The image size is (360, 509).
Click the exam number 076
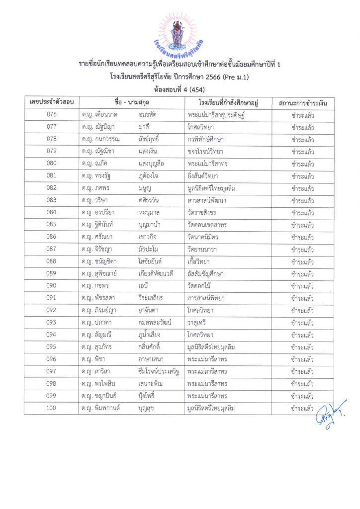coord(51,115)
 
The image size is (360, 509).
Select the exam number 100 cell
coord(51,408)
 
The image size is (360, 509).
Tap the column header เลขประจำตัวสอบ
coord(52,102)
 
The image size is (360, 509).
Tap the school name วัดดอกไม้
coord(199,286)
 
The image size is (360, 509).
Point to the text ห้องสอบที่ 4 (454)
coord(180,88)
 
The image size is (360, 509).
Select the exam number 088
coord(51,261)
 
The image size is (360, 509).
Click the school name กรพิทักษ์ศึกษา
coord(205,139)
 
